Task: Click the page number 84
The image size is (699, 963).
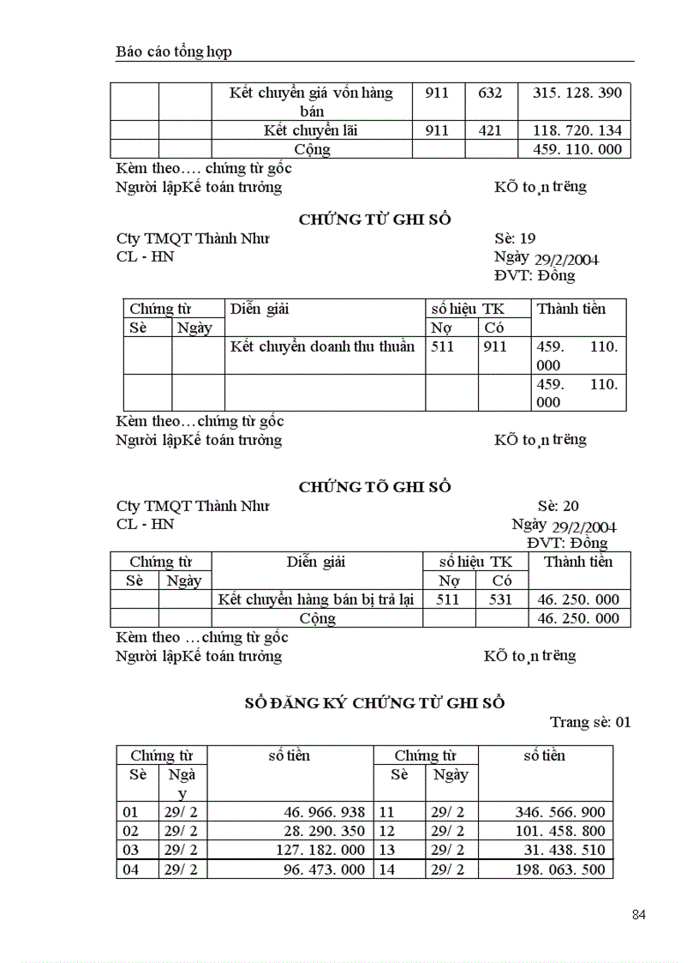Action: click(x=638, y=915)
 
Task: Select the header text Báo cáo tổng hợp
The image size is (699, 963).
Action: click(x=174, y=52)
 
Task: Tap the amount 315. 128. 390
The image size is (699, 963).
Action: click(x=577, y=93)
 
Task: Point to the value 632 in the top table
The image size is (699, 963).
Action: click(x=490, y=93)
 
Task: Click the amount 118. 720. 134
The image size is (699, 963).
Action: click(x=577, y=130)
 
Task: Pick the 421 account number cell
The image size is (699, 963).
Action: click(x=490, y=130)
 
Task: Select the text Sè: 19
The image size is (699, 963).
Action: click(x=515, y=238)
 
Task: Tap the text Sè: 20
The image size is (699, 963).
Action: click(x=558, y=506)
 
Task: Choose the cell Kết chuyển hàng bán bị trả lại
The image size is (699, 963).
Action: click(x=316, y=599)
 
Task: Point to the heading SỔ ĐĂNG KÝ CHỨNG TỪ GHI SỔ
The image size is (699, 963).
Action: click(x=374, y=703)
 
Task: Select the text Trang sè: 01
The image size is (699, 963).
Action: click(x=590, y=722)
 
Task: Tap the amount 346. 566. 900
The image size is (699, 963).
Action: click(x=560, y=812)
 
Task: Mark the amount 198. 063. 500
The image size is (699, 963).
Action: click(x=560, y=870)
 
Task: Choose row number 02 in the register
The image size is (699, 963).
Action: click(x=130, y=831)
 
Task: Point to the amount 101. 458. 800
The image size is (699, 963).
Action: click(x=560, y=831)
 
